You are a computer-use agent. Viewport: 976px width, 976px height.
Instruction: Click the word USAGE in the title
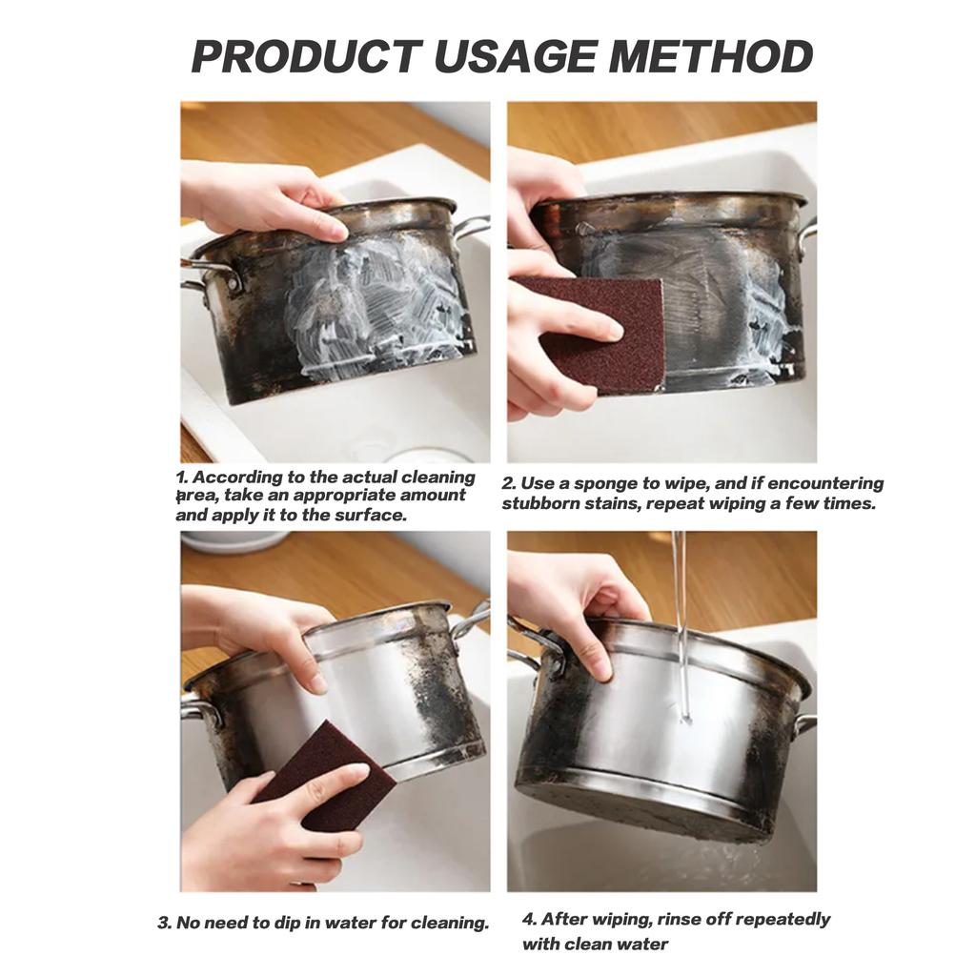tap(515, 56)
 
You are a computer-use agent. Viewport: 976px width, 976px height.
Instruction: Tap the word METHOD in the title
tap(710, 56)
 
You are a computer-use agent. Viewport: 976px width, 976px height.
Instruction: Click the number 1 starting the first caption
tap(180, 477)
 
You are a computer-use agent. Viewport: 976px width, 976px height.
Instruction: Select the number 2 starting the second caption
tap(508, 484)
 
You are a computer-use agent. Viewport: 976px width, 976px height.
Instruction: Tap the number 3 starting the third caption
tap(164, 923)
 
